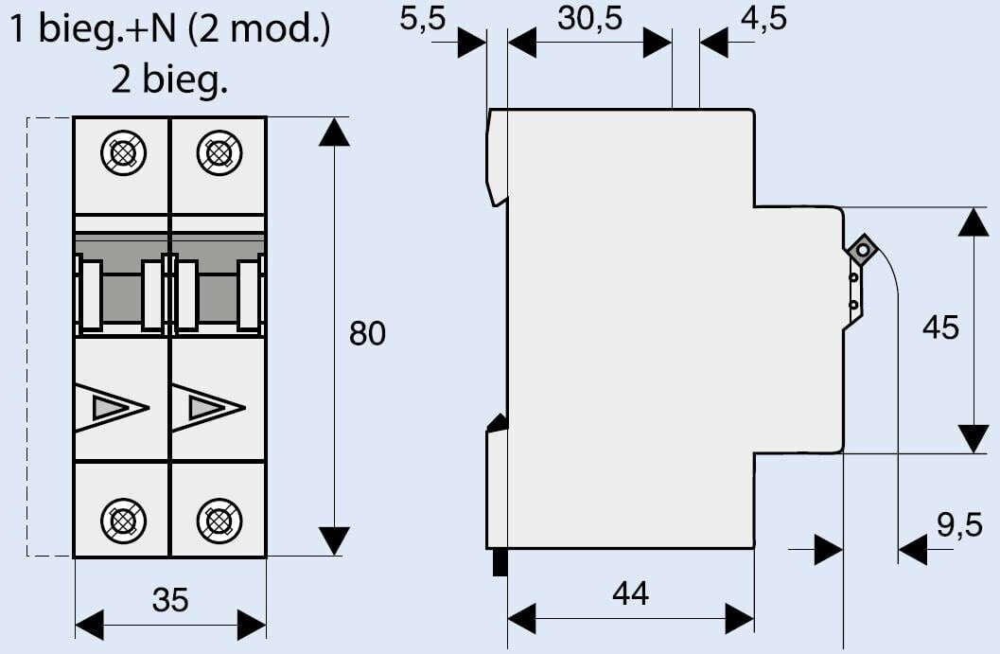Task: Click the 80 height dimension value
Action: coord(368,333)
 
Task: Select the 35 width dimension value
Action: coord(170,599)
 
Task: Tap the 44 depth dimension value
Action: coord(631,593)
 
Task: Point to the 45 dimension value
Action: coord(940,327)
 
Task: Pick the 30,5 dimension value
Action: coord(590,19)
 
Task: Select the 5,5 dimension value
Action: coord(422,19)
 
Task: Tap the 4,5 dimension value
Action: coord(763,19)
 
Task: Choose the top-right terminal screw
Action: coord(219,151)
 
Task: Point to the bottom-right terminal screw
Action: coord(219,520)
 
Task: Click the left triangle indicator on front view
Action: coord(111,408)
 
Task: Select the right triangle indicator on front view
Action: coord(207,408)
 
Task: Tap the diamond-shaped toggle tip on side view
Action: coord(863,251)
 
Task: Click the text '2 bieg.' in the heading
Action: coord(170,80)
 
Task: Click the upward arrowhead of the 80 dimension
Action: coord(334,132)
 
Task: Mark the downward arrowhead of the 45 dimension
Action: coord(974,439)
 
